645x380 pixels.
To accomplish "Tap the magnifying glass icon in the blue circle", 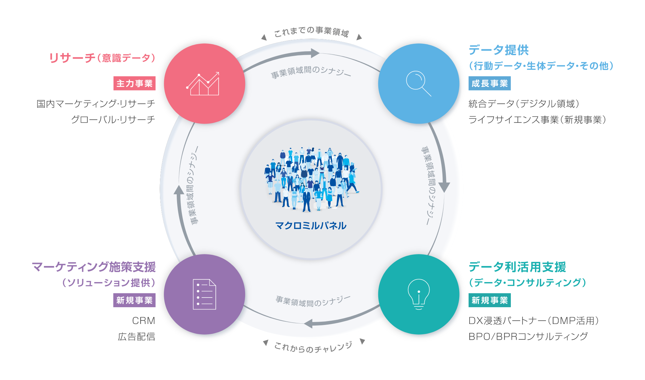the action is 419,83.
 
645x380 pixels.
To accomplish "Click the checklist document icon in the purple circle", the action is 204,294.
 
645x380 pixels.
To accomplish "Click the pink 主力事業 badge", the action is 134,83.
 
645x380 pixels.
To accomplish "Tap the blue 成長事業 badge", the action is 490,83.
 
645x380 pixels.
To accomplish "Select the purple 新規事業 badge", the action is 134,300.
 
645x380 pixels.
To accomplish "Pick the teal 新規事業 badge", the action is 490,300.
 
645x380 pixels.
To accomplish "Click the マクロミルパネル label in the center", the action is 311,225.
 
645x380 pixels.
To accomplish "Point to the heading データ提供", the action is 499,50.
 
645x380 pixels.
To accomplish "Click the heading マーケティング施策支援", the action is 94,267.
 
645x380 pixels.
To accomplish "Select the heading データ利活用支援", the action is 517,267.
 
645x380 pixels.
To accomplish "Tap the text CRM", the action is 144,321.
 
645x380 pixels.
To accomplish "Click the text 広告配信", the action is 136,337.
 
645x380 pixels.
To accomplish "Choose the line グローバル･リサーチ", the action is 113,119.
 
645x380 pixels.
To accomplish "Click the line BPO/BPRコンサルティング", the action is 528,337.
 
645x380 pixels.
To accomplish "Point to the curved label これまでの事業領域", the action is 312,31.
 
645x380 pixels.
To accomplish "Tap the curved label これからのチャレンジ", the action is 313,347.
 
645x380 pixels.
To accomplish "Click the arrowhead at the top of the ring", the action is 315,53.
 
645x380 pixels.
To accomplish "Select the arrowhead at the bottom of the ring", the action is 308,323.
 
